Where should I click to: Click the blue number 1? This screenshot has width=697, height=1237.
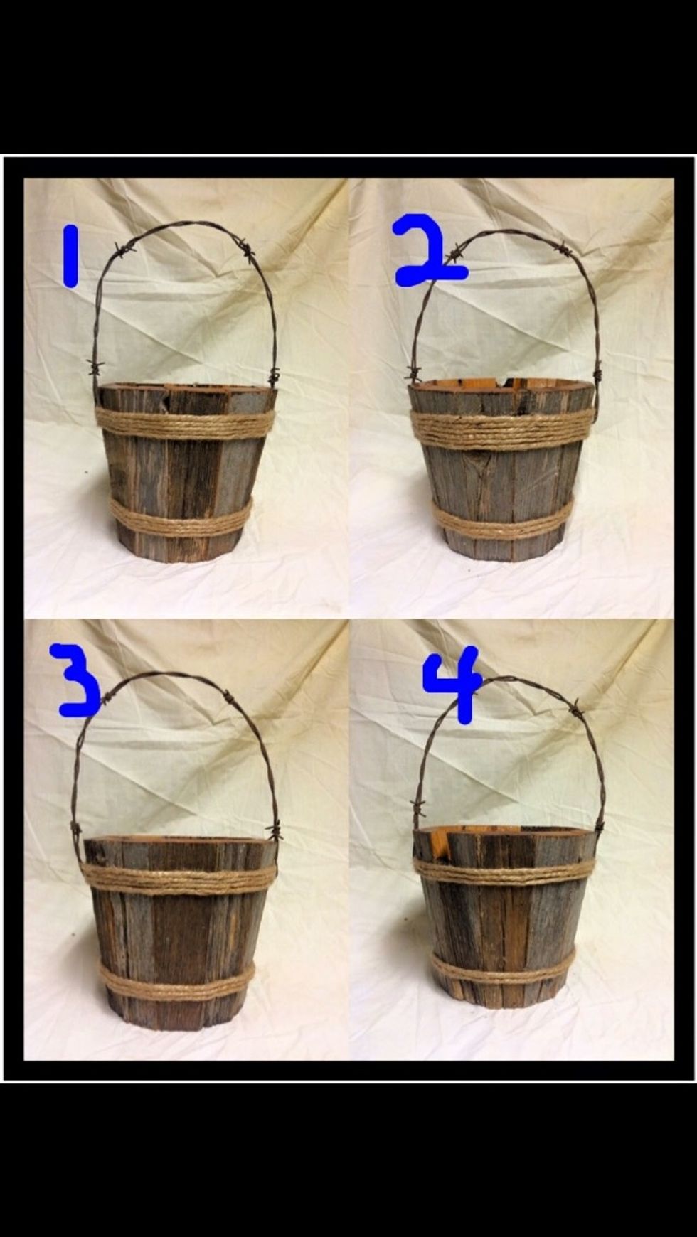click(70, 256)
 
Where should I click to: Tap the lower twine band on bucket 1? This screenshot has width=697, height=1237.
click(181, 516)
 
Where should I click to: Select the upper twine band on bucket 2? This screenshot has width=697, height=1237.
click(501, 428)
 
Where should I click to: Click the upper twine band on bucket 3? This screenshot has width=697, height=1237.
click(179, 877)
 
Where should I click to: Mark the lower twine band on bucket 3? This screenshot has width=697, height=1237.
click(176, 980)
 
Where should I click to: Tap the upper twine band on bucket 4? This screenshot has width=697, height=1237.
click(504, 871)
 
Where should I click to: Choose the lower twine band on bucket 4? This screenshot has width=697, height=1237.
click(502, 966)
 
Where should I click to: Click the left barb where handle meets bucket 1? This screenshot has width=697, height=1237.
click(96, 367)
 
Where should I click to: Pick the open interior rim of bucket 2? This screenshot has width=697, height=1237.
click(501, 385)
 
